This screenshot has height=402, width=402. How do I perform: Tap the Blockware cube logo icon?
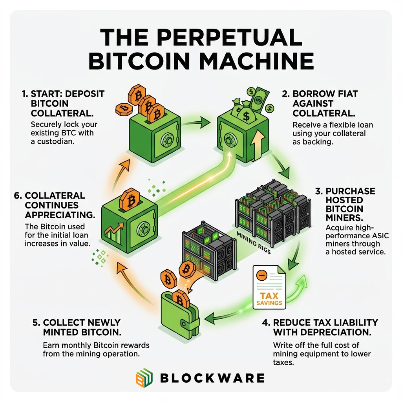click(x=144, y=378)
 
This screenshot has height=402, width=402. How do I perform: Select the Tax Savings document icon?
click(x=269, y=287)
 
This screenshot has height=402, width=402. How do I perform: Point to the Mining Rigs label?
click(x=253, y=243)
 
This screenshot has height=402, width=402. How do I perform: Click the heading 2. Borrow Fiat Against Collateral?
click(x=320, y=103)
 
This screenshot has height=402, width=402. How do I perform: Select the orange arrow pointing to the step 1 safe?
click(x=121, y=174)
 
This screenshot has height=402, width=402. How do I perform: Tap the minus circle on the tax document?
click(x=262, y=276)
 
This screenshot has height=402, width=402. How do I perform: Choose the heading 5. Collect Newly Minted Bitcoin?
click(x=77, y=327)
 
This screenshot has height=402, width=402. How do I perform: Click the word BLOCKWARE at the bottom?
click(x=212, y=378)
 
